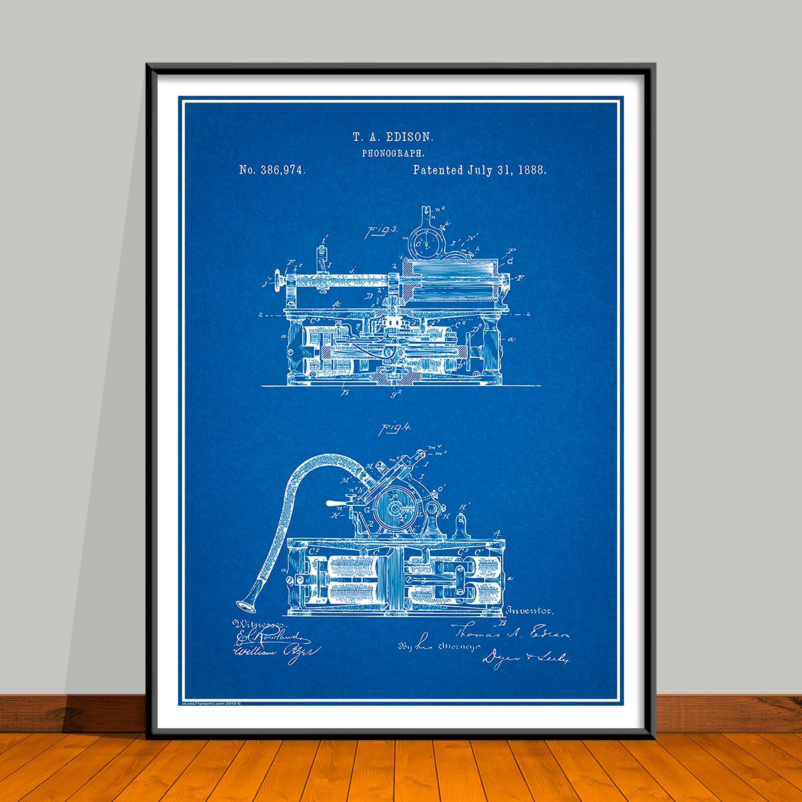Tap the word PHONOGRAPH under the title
tap(393, 153)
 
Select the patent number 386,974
tap(283, 170)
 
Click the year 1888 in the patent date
tap(532, 170)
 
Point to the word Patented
tap(437, 170)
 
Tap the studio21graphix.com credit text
tap(211, 703)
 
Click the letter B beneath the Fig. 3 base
tap(344, 392)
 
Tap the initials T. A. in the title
tap(364, 137)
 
